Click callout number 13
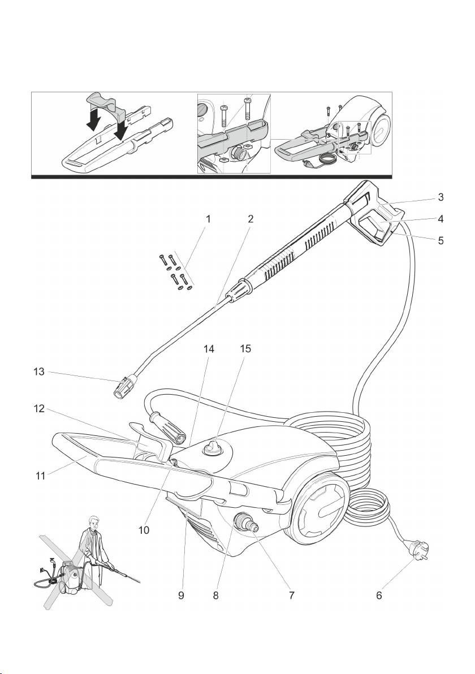39,371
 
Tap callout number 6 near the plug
379,595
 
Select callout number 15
245,348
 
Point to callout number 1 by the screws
208,219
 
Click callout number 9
182,595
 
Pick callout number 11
40,476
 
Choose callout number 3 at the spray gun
441,197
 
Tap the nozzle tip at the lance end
123,387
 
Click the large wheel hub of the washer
321,507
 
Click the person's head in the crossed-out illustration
94,522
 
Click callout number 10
144,530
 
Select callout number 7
291,595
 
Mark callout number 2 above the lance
251,219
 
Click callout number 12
39,408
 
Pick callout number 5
441,240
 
